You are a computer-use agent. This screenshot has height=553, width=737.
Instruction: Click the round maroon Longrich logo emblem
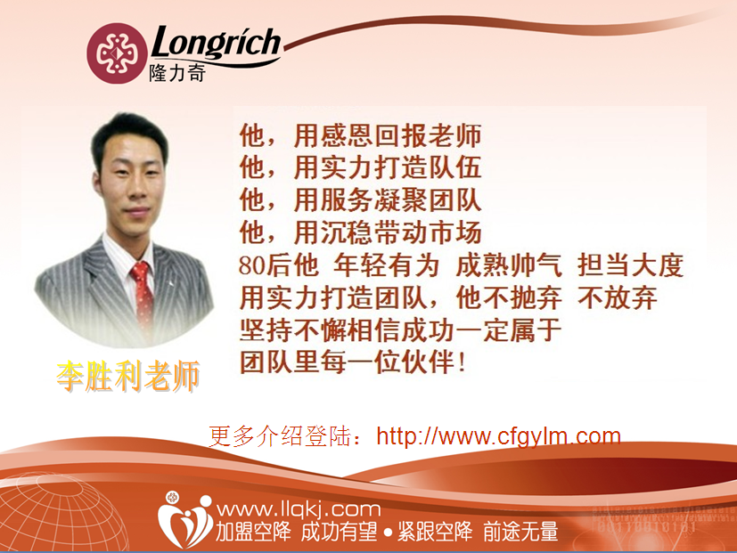tap(117, 53)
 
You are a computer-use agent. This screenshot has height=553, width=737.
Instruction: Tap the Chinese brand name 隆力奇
tap(177, 73)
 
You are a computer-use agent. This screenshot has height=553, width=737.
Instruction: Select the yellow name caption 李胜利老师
tap(127, 376)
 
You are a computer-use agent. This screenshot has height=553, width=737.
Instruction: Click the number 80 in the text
tap(252, 265)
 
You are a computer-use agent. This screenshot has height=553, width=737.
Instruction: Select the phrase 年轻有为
tap(387, 265)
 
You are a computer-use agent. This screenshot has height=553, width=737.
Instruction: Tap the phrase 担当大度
tap(630, 265)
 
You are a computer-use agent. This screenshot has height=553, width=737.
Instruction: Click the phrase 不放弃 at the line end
tap(618, 297)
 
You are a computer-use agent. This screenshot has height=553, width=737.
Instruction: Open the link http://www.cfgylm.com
tap(499, 436)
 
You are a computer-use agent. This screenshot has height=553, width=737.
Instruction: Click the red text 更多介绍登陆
tap(280, 436)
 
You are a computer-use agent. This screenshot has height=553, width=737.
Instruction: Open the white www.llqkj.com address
tap(298, 509)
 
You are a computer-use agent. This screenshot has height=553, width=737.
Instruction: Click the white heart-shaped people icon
tap(184, 520)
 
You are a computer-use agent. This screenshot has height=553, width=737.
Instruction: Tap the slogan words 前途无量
tap(520, 532)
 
